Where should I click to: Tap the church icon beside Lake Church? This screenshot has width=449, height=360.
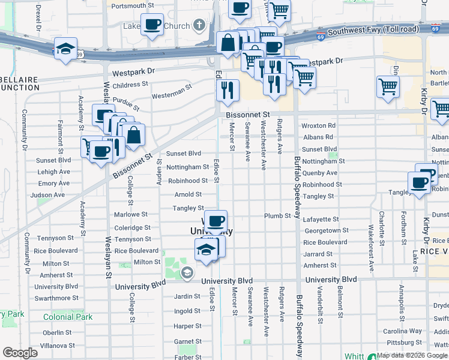[x=199, y=26]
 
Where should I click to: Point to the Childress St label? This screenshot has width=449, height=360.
[x=126, y=86]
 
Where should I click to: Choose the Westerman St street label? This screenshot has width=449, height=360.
[x=171, y=95]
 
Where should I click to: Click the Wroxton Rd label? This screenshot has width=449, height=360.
[x=318, y=126]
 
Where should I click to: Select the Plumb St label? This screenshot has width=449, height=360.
[x=278, y=215]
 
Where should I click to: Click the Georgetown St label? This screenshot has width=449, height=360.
[x=326, y=231]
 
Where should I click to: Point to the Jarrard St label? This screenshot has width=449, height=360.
[x=318, y=254]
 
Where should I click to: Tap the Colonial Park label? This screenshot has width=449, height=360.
[x=68, y=317]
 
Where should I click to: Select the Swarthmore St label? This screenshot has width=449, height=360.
[x=56, y=298]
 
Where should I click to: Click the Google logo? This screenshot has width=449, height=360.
[x=20, y=353]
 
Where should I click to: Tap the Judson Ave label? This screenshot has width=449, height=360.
[x=47, y=195]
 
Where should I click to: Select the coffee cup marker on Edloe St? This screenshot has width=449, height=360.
[x=215, y=221]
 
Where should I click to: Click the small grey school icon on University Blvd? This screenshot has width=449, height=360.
[x=187, y=274]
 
